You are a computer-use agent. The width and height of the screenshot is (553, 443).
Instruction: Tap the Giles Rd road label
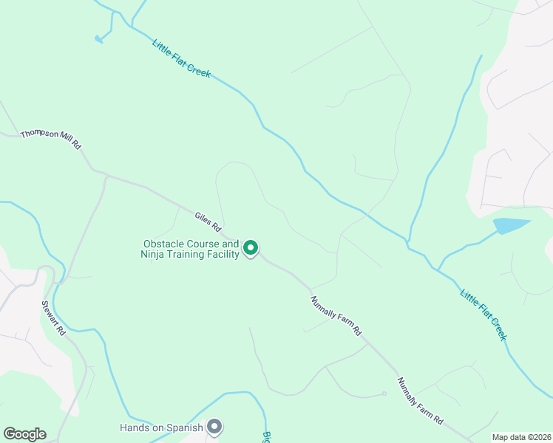[x=208, y=220]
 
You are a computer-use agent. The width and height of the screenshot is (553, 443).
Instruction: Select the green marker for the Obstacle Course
[x=251, y=249]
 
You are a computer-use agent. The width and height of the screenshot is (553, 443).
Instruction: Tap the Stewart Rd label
[x=53, y=318]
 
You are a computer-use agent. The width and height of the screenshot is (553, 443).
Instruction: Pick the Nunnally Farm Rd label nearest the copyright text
[x=420, y=401]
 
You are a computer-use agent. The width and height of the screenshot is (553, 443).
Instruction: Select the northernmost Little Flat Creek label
[x=182, y=58]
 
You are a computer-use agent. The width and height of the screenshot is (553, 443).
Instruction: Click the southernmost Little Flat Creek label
[x=484, y=314]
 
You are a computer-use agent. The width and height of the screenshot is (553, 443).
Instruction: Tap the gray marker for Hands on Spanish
[x=215, y=426]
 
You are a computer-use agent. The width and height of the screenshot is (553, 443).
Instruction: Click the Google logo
[x=24, y=434]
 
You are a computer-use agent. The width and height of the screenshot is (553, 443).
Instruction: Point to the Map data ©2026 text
[x=521, y=437]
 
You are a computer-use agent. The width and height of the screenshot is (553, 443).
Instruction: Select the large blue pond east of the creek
[x=512, y=225]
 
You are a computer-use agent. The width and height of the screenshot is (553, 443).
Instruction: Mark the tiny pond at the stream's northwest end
[x=98, y=39]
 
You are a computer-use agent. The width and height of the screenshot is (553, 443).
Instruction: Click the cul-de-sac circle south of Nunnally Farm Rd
[x=384, y=394]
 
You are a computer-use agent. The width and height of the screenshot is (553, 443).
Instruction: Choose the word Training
[x=191, y=255]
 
